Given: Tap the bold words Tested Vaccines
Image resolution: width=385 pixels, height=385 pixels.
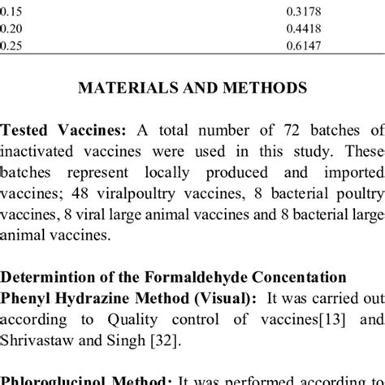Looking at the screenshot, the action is tap(54, 131).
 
